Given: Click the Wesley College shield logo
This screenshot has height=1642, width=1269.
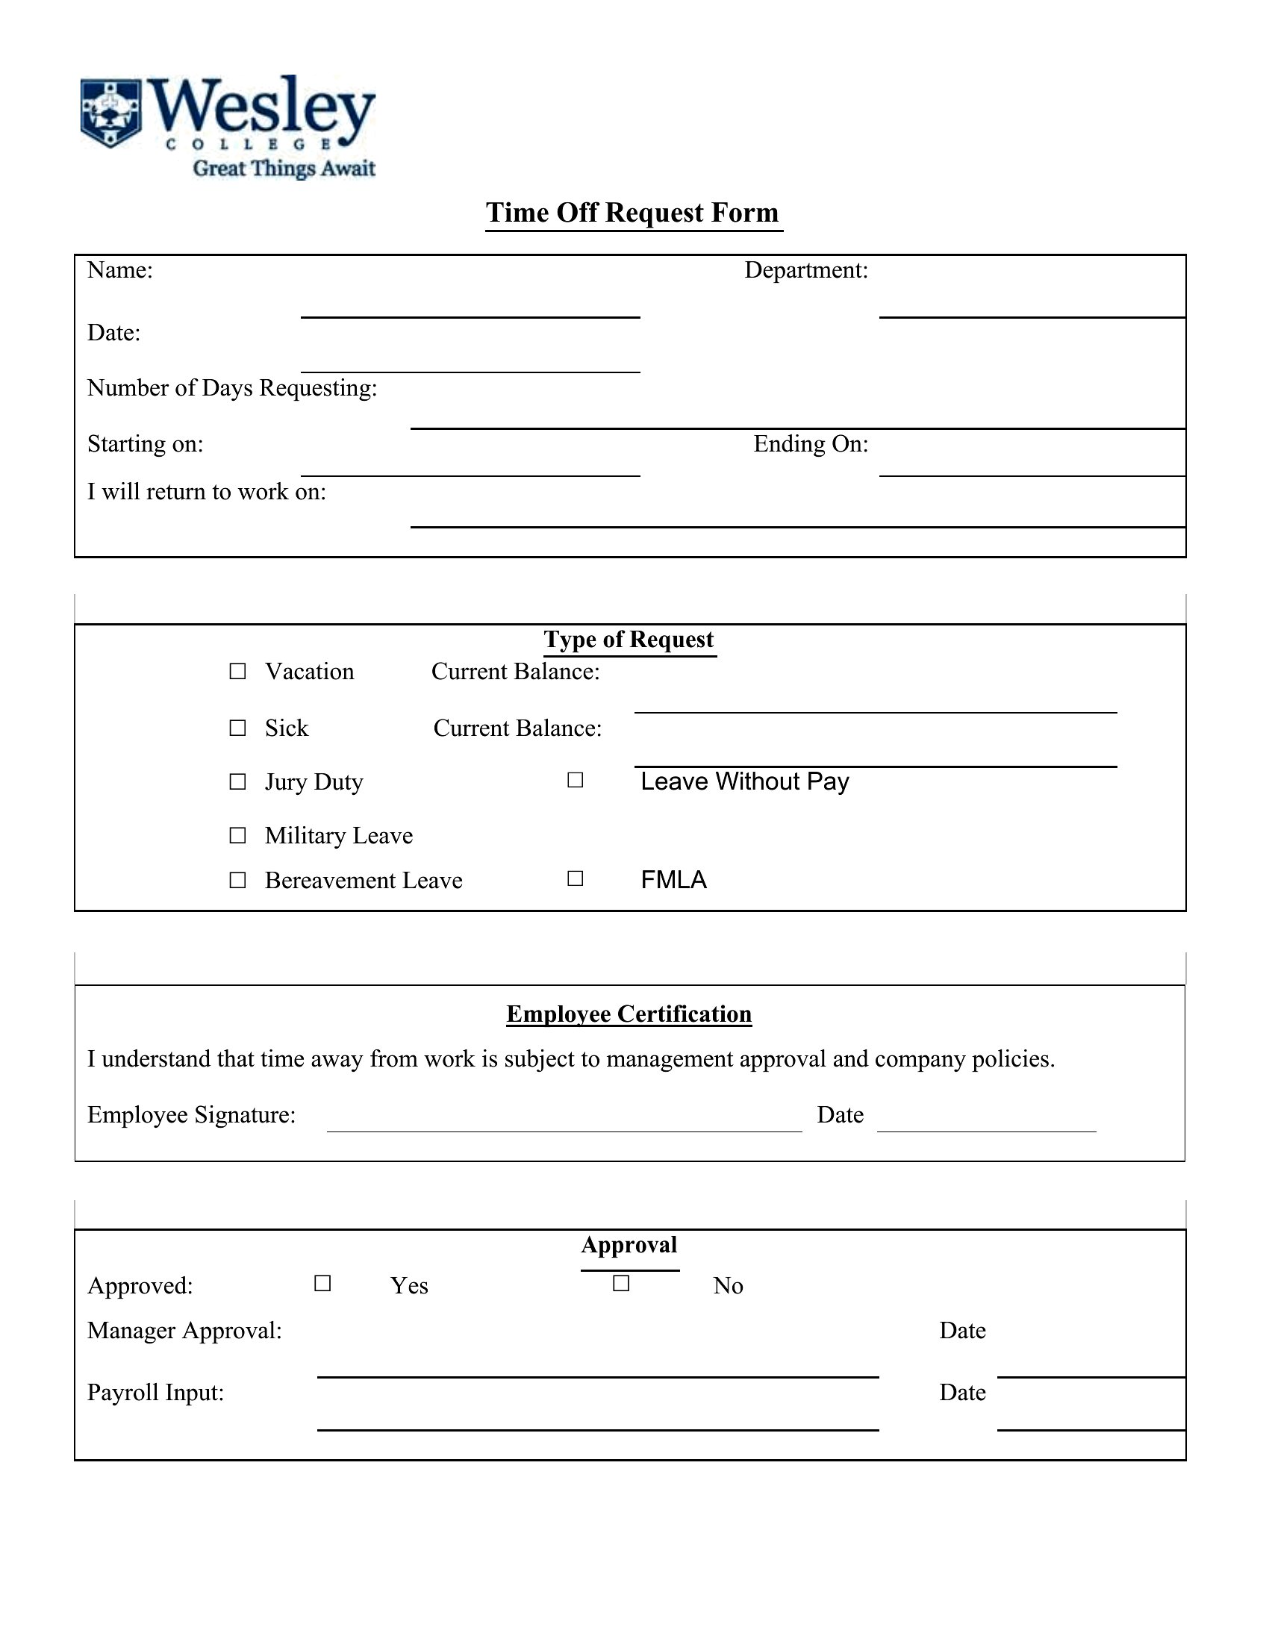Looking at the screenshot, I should pos(110,113).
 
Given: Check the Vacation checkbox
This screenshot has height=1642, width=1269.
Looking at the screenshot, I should pos(237,672).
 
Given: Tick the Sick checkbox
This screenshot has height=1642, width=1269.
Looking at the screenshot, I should pos(237,728).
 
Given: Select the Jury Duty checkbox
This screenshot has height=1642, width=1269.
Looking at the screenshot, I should pos(237,782).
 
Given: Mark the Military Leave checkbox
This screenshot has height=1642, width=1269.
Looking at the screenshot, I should pos(237,835).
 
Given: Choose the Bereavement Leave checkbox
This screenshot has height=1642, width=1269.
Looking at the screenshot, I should pos(237,880).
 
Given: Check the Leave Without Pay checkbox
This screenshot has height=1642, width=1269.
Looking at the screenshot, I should pos(575,781).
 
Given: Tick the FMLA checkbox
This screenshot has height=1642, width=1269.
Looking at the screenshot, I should pos(575,878).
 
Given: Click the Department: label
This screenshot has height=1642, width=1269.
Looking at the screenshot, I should pos(806,271).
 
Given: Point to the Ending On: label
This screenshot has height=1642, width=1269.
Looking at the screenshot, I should pos(811,444).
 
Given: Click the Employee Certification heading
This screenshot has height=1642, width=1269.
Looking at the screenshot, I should pos(629,1014).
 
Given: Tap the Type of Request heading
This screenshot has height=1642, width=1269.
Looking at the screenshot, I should pos(629,640).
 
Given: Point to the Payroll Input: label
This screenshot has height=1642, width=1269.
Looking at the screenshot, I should pos(155,1393).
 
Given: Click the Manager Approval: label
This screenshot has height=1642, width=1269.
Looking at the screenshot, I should pos(184,1331).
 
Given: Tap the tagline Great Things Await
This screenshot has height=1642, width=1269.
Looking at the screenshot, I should pos(284,168).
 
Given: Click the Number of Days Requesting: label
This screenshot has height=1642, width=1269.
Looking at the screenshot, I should pos(231,388).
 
